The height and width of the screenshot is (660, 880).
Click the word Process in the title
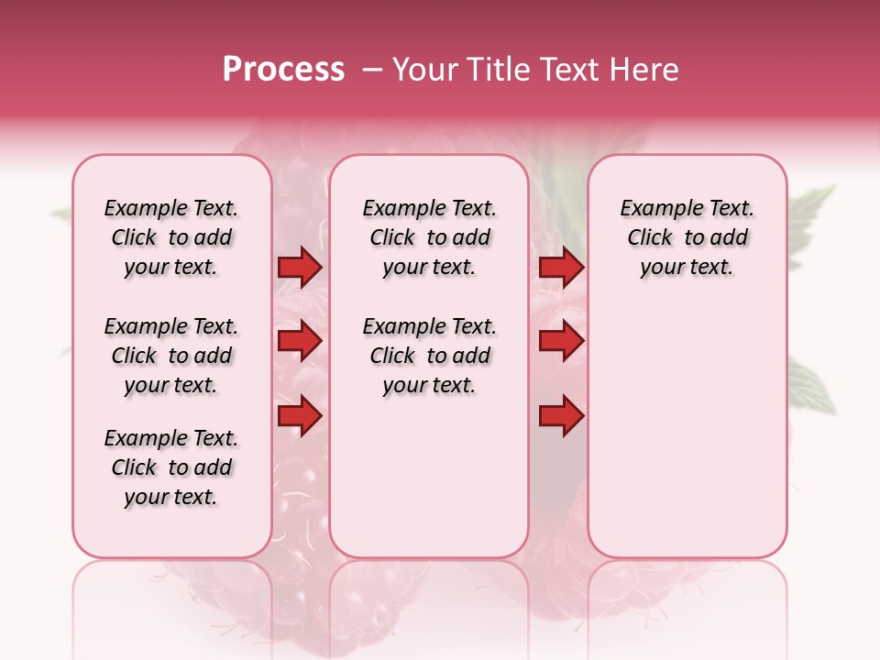283,70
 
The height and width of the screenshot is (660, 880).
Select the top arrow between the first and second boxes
300,268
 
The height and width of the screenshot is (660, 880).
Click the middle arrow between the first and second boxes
300,342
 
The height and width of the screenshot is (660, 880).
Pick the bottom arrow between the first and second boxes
300,416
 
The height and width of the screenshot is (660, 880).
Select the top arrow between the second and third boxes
561,268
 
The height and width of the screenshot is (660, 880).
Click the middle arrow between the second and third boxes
561,342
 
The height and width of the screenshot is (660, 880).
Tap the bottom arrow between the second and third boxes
561,416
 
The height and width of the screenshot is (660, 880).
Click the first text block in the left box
171,237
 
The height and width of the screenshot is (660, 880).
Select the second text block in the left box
171,356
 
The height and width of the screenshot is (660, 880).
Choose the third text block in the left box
171,467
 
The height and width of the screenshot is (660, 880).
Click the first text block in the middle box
430,237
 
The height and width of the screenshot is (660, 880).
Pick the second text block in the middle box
430,356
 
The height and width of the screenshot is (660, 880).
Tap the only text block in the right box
687,237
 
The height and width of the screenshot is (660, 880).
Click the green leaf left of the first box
61,215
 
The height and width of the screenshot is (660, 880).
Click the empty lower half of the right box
687,440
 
